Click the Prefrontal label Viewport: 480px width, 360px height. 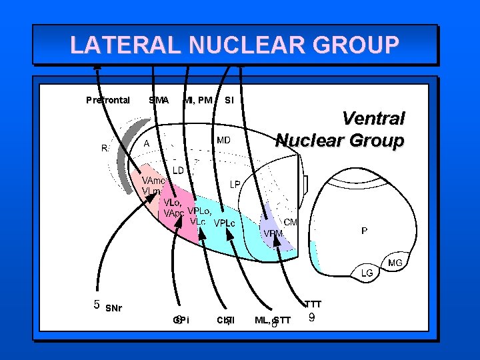[x=108, y=100]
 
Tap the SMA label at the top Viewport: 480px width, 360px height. [x=159, y=100]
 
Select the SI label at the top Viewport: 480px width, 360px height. [x=229, y=100]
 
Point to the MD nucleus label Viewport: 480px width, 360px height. [x=223, y=141]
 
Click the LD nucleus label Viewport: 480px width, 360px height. [x=179, y=170]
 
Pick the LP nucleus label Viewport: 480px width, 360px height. [x=235, y=183]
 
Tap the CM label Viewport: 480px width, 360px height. [x=291, y=222]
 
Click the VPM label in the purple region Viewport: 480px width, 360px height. [x=273, y=233]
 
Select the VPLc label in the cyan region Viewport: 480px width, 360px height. [x=225, y=223]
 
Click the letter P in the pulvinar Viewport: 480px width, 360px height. [x=364, y=231]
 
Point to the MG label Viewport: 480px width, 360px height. [x=395, y=263]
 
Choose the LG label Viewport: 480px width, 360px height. [x=367, y=273]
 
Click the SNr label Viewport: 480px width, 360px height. [x=114, y=308]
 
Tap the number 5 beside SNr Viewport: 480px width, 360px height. [x=97, y=305]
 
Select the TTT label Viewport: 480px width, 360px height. [x=313, y=304]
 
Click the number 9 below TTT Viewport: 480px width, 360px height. [x=312, y=318]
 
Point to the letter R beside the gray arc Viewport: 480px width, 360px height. [x=105, y=148]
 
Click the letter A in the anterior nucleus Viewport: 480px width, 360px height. [x=146, y=143]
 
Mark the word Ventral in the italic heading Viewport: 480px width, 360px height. [x=373, y=119]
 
